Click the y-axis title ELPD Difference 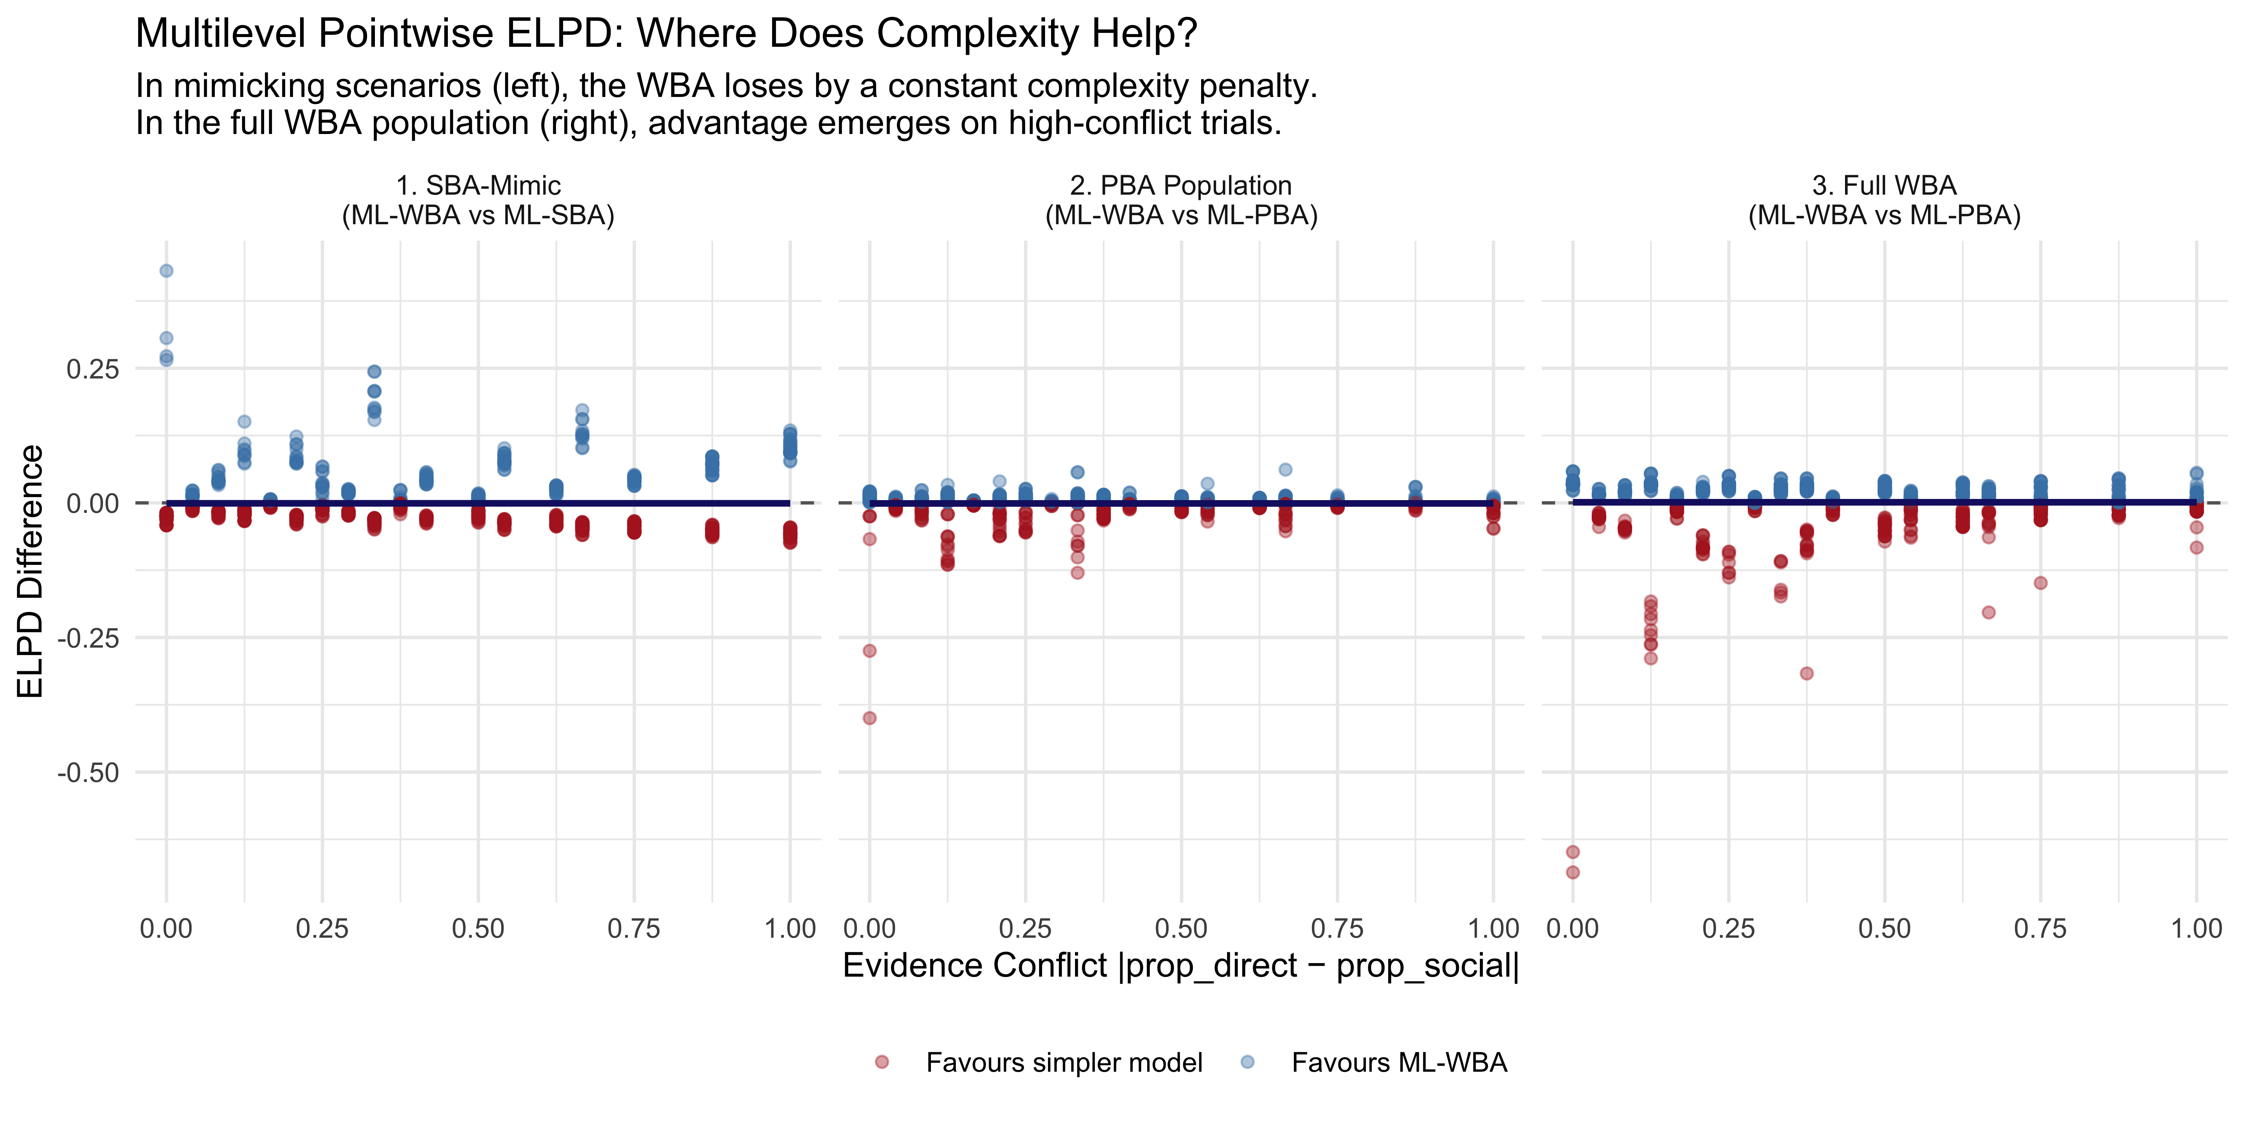coord(31,571)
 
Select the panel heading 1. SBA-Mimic coord(479,186)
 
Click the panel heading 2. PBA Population coord(1181,186)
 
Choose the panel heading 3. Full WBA coord(1884,186)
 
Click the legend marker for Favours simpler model coord(882,1062)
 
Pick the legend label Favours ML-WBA coord(1399,1063)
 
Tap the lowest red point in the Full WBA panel coord(1572,872)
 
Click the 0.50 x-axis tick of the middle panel coord(1181,929)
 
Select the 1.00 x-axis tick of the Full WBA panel coord(2196,929)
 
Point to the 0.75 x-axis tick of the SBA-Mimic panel coord(633,929)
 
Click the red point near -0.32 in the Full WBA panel coord(1806,673)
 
